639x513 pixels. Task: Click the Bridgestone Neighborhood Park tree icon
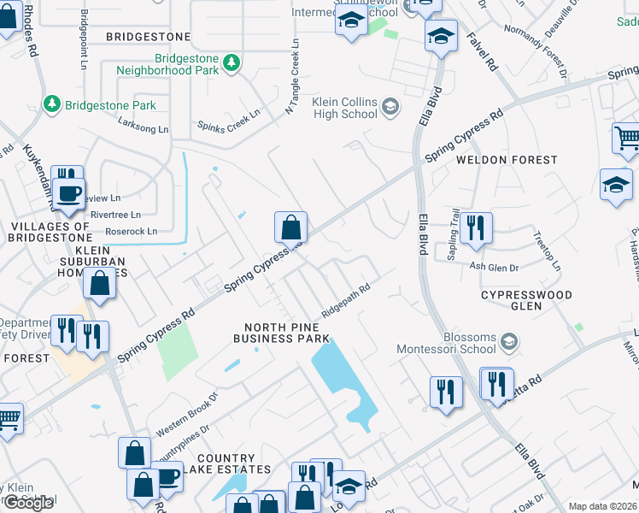click(x=231, y=62)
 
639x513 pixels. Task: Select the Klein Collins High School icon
click(x=390, y=106)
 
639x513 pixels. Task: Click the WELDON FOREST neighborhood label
click(x=495, y=160)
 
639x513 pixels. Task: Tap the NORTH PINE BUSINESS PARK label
click(x=286, y=333)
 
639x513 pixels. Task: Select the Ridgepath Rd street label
click(x=345, y=301)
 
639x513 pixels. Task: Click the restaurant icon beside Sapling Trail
click(x=476, y=227)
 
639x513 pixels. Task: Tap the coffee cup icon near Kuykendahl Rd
click(x=69, y=192)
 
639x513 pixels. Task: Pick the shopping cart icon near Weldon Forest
click(x=626, y=138)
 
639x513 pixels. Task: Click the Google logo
click(x=27, y=503)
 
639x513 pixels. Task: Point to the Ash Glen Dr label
click(x=495, y=268)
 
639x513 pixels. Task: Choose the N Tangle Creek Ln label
click(x=292, y=76)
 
